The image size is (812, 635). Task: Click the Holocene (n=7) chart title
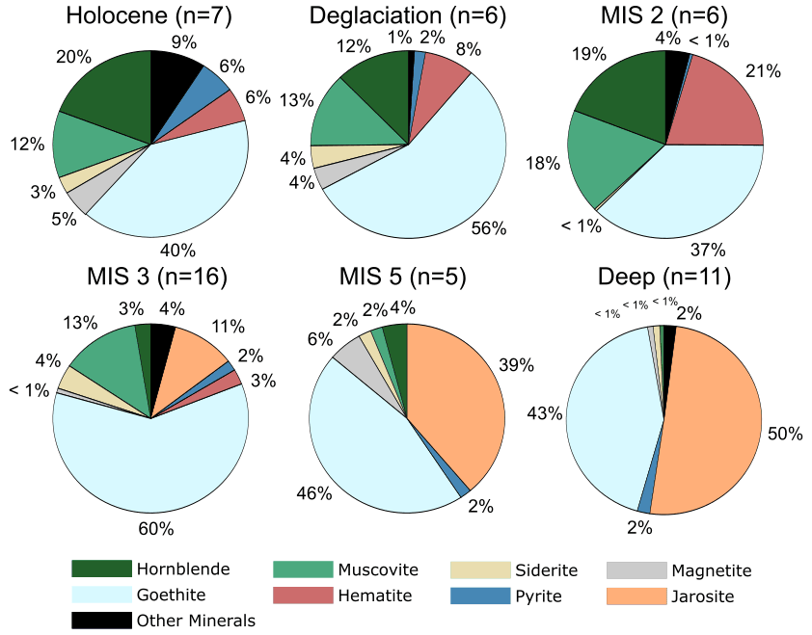tap(150, 16)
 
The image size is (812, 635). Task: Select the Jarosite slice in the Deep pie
tap(714, 424)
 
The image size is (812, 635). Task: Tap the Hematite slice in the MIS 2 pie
tap(714, 106)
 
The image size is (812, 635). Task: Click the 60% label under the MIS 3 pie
tap(155, 528)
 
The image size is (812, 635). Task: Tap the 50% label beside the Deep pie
tap(785, 435)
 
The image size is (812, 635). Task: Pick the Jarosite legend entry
tap(700, 596)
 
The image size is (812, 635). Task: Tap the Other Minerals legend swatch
tap(100, 620)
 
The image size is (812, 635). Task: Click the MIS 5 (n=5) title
tap(403, 278)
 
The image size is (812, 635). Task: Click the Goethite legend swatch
tap(100, 595)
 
